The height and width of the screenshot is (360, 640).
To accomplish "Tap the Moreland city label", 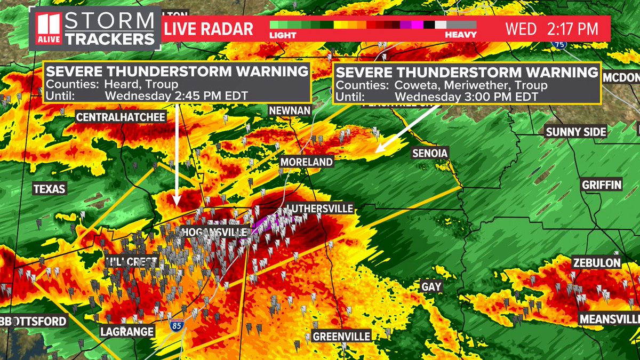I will pos(307,162).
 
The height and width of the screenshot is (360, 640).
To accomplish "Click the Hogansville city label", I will pos(215,233).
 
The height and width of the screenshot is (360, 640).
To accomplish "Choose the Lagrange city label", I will pos(127,332).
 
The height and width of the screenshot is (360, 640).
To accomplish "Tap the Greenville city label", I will pos(341,337).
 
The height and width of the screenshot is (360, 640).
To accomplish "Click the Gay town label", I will pos(431,287).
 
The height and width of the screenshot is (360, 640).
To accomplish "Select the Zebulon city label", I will pos(597,263).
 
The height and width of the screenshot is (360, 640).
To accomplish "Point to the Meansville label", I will pos(610,319).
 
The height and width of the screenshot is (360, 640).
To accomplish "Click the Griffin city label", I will pos(602,185).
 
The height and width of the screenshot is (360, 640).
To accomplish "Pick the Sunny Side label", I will pos(575,132).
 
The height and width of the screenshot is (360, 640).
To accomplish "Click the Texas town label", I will pos(49,189).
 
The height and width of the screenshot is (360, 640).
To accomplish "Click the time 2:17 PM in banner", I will pos(574,28).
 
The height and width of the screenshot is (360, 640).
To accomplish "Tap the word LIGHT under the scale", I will pos(282,35).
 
